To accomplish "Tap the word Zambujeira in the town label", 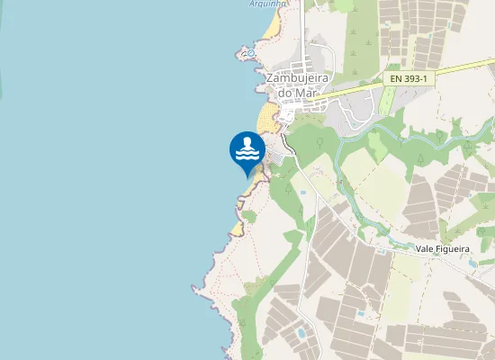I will pos(301,78).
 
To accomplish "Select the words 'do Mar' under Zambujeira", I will pos(300,94).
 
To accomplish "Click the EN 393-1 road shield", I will pos(409,79).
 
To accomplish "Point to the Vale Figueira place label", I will pos(443,248).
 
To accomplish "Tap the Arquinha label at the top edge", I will pos(267,4).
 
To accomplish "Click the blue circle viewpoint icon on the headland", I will pos(251,54).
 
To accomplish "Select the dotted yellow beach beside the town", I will pos(266,119).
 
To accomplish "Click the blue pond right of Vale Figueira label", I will pos(473,263).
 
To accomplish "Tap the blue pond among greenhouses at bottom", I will pos(301,333).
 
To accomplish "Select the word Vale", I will pos(425,248).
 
